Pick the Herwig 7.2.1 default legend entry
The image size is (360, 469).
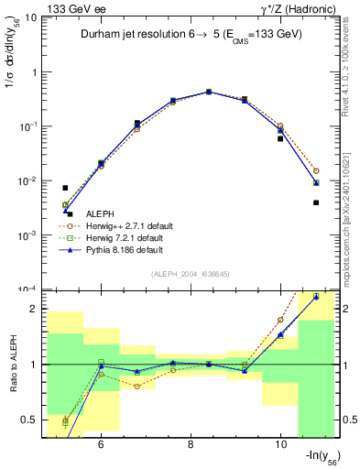tap(125, 237)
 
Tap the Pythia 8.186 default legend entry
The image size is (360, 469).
tap(125, 249)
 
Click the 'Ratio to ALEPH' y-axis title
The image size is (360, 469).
tap(13, 365)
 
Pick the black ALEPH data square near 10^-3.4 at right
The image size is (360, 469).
tap(316, 202)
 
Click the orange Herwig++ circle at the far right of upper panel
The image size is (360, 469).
tap(316, 170)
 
